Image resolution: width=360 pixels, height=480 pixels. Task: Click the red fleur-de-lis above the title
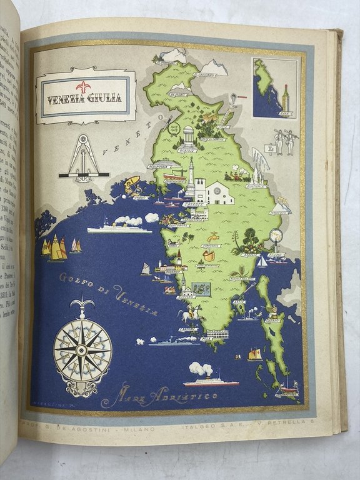pos(83,86)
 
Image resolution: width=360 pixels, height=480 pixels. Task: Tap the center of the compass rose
pos(82,349)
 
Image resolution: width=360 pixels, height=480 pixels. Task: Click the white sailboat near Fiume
pos(262,262)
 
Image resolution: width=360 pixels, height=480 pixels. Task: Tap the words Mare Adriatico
pos(160,396)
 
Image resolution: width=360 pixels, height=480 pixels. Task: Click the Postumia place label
pos(256,186)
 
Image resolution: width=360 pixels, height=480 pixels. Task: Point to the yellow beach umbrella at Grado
pos(132,184)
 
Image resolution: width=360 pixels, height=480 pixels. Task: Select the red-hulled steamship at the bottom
pos(211,381)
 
